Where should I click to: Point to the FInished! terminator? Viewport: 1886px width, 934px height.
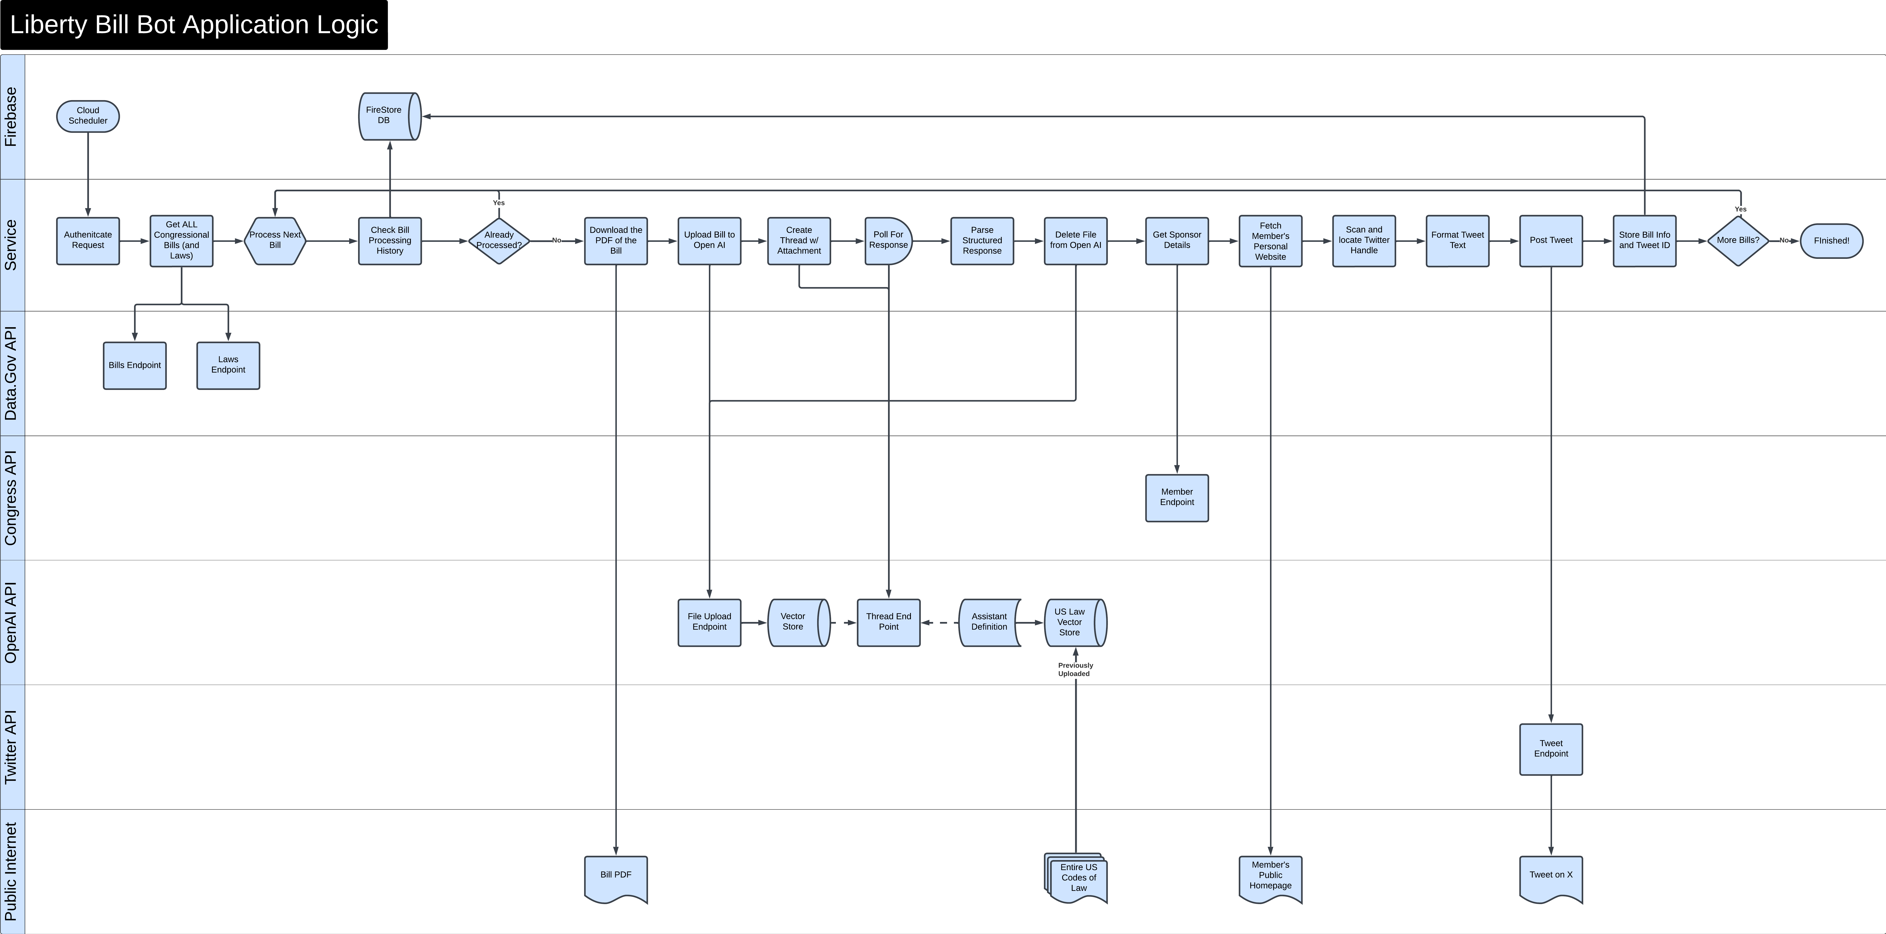click(1832, 241)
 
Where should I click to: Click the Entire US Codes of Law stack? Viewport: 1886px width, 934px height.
click(1076, 878)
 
